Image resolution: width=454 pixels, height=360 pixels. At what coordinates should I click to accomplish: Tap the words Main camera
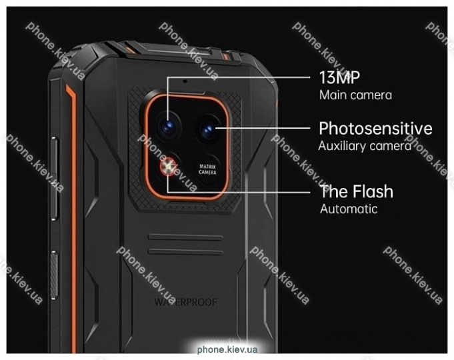coord(355,95)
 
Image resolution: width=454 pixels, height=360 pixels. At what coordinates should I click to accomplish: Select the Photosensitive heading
coord(375,128)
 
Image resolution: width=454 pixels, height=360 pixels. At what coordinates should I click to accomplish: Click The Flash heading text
coord(356,192)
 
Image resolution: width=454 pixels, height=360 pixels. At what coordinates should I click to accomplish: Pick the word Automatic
coord(349,209)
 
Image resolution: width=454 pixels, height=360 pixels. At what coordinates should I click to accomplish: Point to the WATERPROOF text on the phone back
coord(185,302)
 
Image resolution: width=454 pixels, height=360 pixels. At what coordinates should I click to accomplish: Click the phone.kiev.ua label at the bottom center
coord(227,349)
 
